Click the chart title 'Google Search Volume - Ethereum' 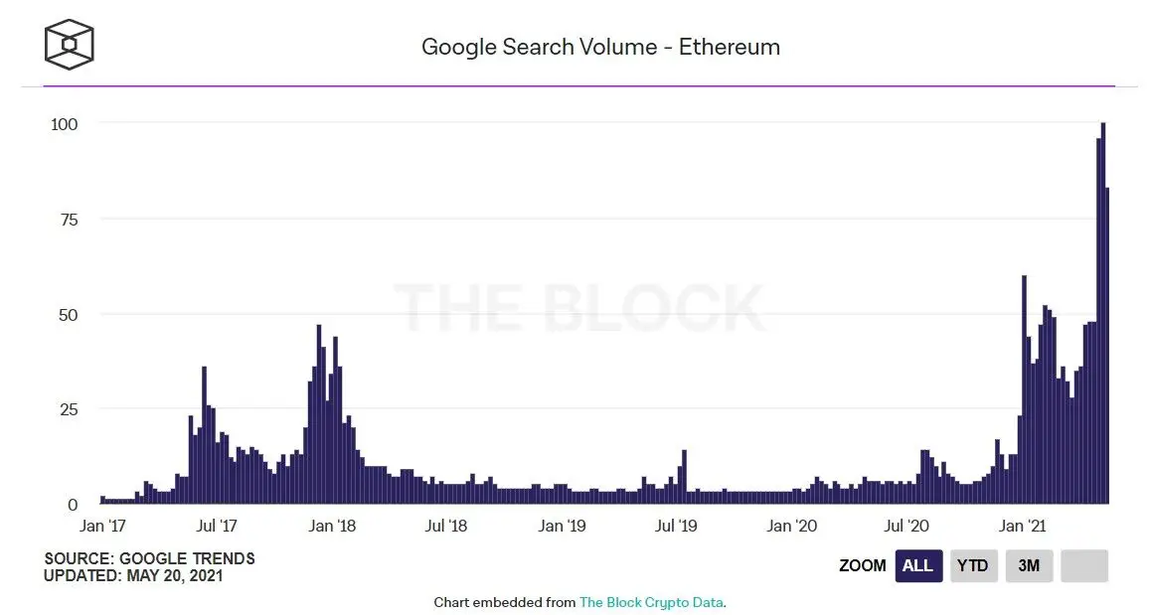(x=600, y=47)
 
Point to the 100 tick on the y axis (x=65, y=123)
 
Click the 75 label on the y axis (x=69, y=219)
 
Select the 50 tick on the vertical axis (x=69, y=314)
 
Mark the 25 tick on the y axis (x=69, y=409)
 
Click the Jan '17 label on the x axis (x=102, y=526)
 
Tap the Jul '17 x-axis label (x=216, y=526)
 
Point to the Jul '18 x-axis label (x=447, y=526)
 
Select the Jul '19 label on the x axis (x=677, y=526)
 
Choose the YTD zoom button (x=972, y=565)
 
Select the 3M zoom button (x=1029, y=565)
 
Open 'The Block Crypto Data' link (x=651, y=602)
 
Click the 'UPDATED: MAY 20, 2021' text (x=133, y=575)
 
